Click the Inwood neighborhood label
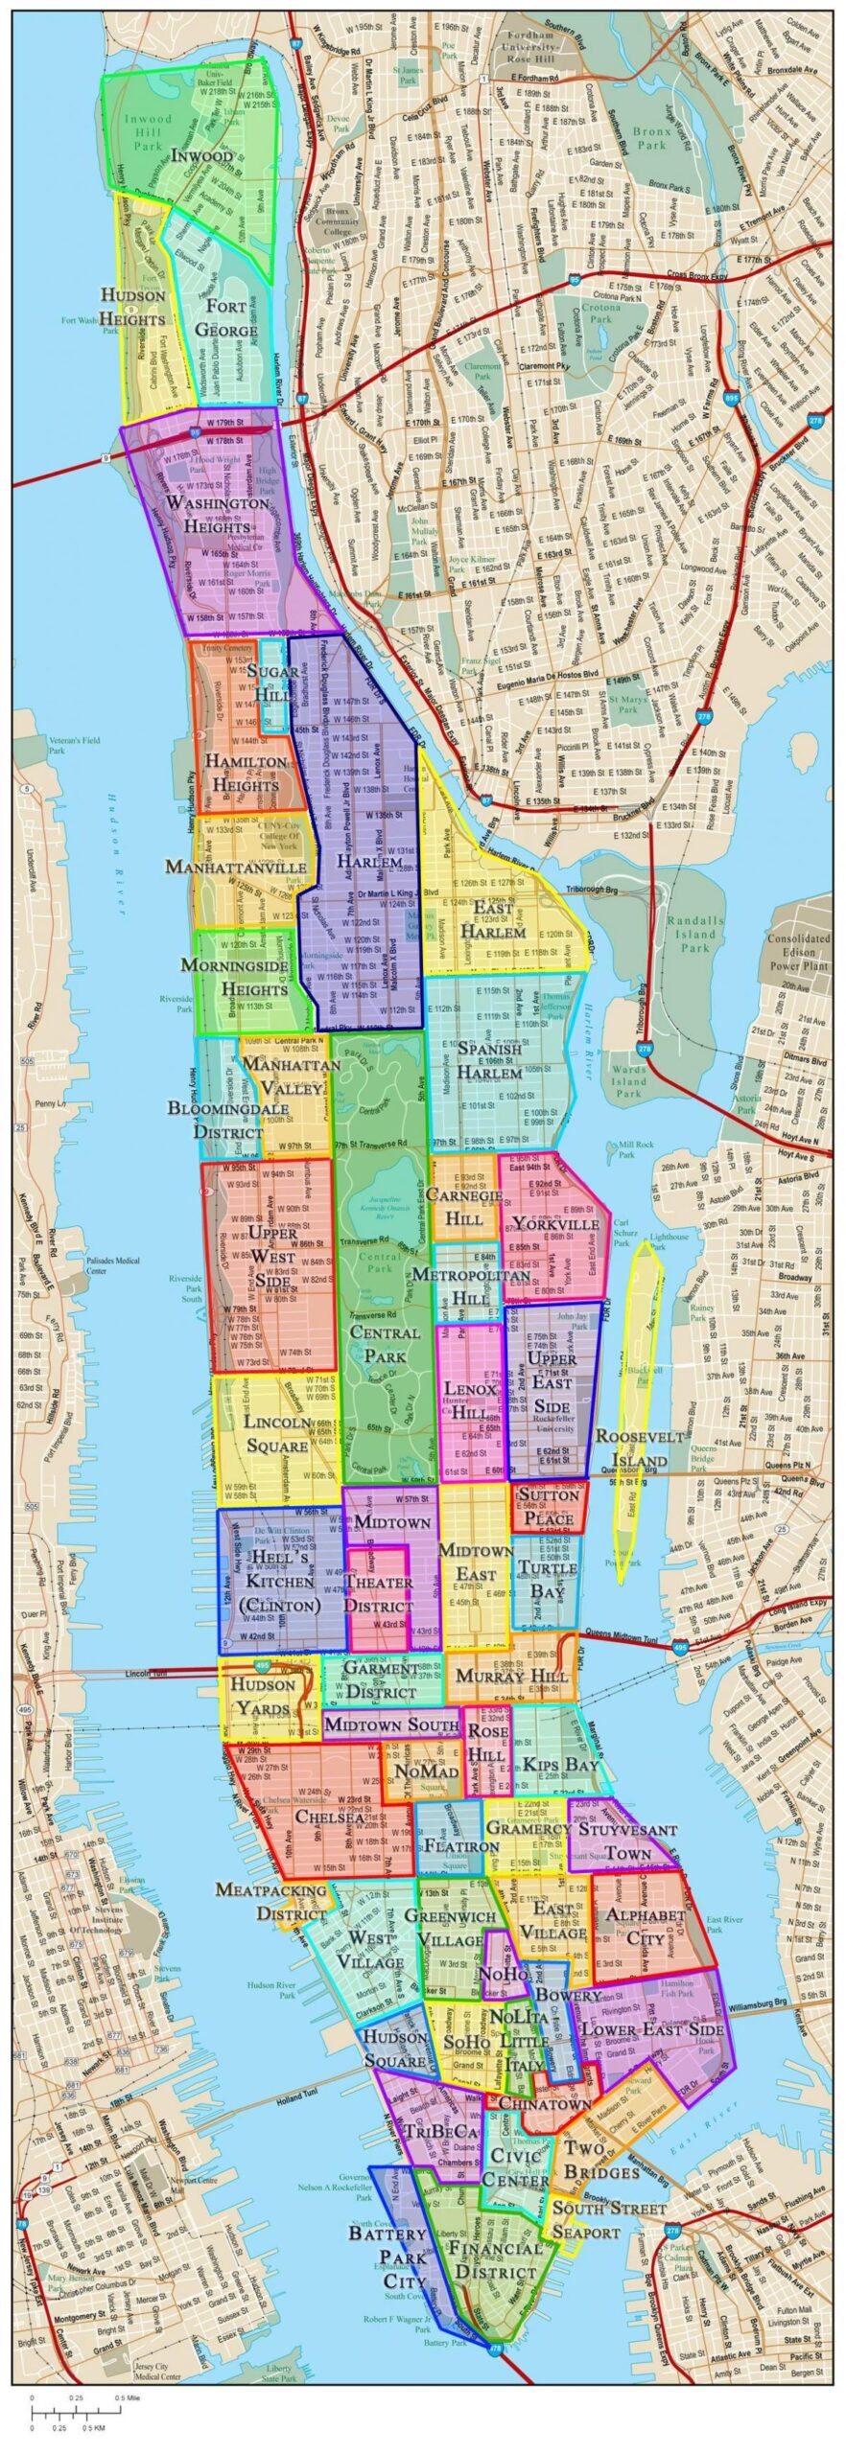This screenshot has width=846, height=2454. pyautogui.click(x=201, y=155)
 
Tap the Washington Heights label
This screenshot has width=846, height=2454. pyautogui.click(x=218, y=515)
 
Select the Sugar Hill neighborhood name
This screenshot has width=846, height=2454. pyautogui.click(x=273, y=683)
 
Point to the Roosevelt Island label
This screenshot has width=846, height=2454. pyautogui.click(x=639, y=1448)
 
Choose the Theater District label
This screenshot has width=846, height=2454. pyautogui.click(x=378, y=1594)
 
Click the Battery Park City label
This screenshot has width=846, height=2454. pyautogui.click(x=387, y=2257)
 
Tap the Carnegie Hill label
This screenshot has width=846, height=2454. pyautogui.click(x=464, y=1207)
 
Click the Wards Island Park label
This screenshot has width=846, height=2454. pyautogui.click(x=629, y=1081)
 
